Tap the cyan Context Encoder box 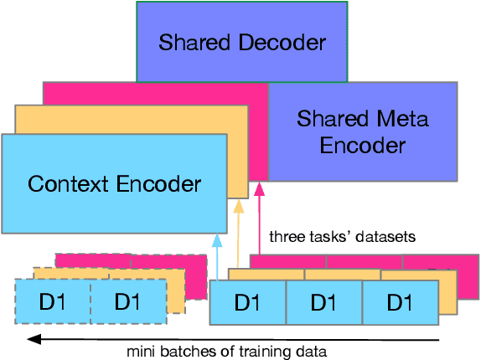115,183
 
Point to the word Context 66,183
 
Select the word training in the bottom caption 261,351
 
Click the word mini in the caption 140,351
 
